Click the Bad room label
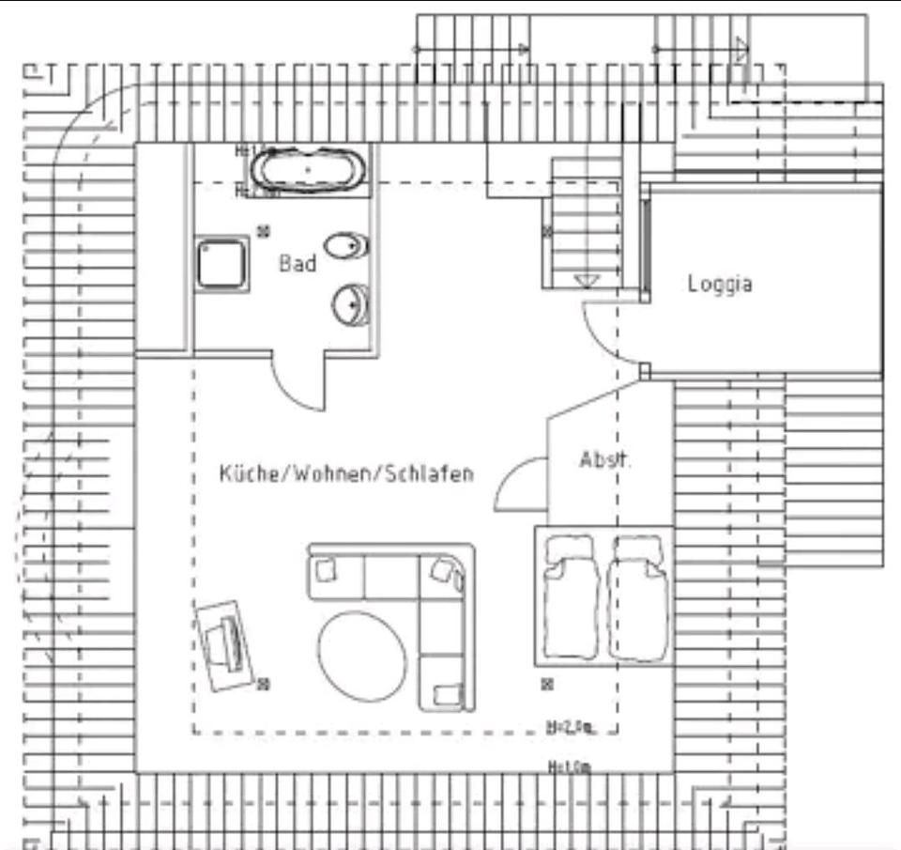[x=298, y=264]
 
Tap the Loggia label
[x=720, y=283]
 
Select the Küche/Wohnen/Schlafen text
[x=346, y=472]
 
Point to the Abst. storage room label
[x=605, y=460]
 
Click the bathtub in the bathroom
[x=309, y=170]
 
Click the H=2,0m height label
[x=570, y=726]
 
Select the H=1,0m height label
[x=569, y=767]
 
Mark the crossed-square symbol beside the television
[x=264, y=684]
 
